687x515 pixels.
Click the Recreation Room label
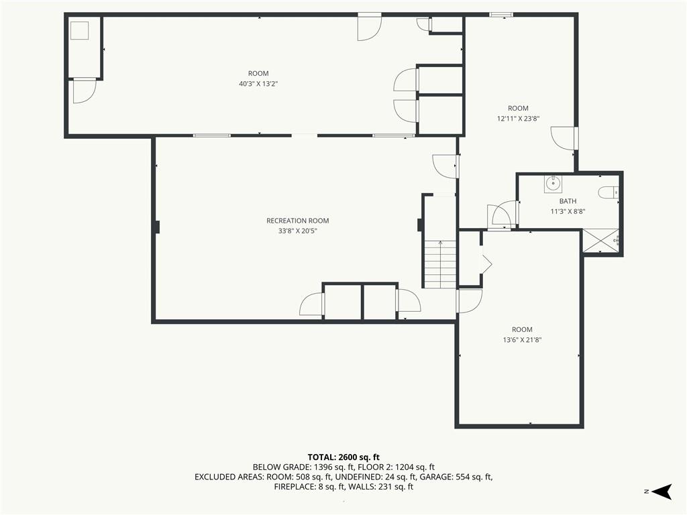coord(297,221)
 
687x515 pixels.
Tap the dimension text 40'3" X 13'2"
coord(258,84)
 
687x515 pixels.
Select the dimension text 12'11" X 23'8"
coord(518,118)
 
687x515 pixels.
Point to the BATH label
coord(568,201)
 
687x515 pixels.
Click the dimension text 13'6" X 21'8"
coord(521,339)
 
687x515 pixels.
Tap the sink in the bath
coord(553,182)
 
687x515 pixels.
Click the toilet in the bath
coord(608,193)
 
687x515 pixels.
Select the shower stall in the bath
coord(600,241)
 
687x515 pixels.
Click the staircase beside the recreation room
coord(439,264)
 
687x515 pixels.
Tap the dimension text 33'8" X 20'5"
coord(297,231)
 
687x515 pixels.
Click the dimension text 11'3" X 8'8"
coord(568,211)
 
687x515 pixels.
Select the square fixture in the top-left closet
coord(81,32)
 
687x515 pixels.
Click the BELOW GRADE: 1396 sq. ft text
coord(296,467)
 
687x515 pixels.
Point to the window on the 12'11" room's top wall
coord(500,14)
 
